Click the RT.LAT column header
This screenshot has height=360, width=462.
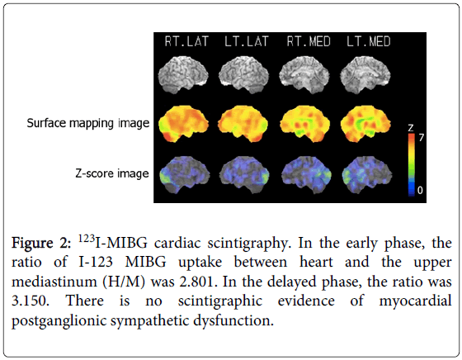click(186, 41)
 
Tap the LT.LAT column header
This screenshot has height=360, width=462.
click(247, 41)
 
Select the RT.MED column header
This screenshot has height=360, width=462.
click(309, 41)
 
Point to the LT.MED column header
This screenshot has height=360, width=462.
click(369, 41)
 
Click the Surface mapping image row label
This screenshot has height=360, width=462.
click(88, 123)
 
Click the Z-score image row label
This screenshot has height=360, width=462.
click(112, 173)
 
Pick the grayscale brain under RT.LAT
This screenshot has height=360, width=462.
click(183, 75)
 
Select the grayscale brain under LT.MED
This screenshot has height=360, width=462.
click(365, 75)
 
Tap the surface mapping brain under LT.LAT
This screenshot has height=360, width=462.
click(243, 124)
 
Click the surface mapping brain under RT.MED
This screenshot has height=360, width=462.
click(304, 124)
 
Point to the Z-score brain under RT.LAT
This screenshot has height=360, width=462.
click(185, 175)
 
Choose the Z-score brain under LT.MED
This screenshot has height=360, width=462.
click(367, 175)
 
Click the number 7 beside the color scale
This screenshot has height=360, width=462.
click(421, 137)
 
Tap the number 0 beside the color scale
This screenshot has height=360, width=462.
click(420, 190)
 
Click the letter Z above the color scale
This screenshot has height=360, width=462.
click(411, 128)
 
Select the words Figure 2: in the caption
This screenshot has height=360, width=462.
click(41, 244)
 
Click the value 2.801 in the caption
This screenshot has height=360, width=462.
click(196, 282)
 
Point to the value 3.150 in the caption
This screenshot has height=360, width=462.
click(29, 301)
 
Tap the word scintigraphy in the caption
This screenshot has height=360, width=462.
click(247, 244)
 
